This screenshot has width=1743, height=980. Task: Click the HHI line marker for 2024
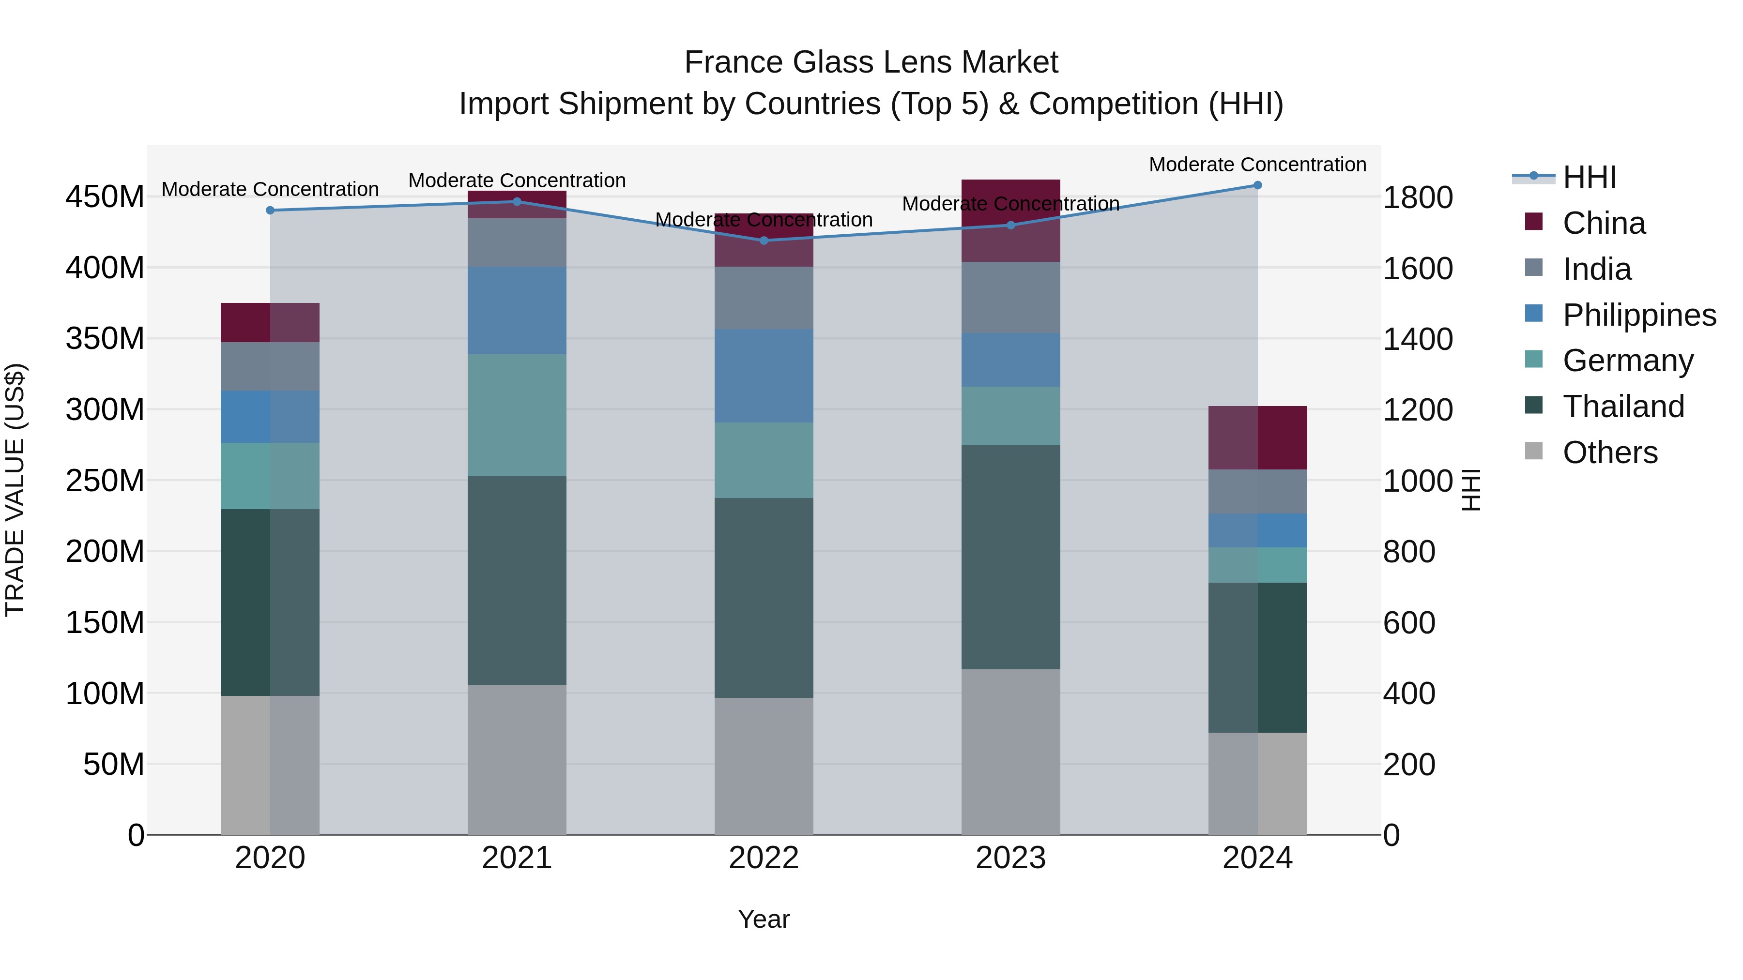(1257, 185)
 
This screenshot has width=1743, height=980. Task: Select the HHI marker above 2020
(270, 211)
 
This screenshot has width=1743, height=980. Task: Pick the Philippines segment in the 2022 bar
(764, 376)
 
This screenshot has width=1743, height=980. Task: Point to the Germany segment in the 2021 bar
(517, 415)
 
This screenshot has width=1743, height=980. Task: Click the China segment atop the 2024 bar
(1257, 437)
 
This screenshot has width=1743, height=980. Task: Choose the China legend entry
(1603, 223)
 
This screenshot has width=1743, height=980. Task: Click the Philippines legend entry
(1638, 315)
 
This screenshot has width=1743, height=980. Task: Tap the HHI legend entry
(1589, 177)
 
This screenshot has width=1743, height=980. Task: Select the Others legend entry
(1609, 452)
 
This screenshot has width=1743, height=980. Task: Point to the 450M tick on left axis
(105, 197)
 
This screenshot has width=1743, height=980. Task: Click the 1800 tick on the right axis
(1417, 197)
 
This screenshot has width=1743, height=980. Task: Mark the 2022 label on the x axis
(764, 858)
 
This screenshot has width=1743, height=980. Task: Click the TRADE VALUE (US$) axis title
(15, 490)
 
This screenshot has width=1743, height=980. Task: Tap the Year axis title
(764, 919)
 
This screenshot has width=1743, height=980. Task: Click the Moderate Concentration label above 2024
(1257, 165)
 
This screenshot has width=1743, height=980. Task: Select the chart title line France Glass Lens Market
(871, 62)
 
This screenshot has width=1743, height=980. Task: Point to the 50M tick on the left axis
(114, 764)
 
